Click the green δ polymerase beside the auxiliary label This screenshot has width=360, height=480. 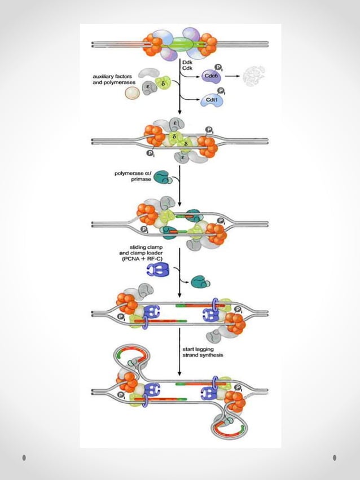point(164,85)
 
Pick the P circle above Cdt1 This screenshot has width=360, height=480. point(222,91)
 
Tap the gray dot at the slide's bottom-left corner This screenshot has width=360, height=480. point(24,457)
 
